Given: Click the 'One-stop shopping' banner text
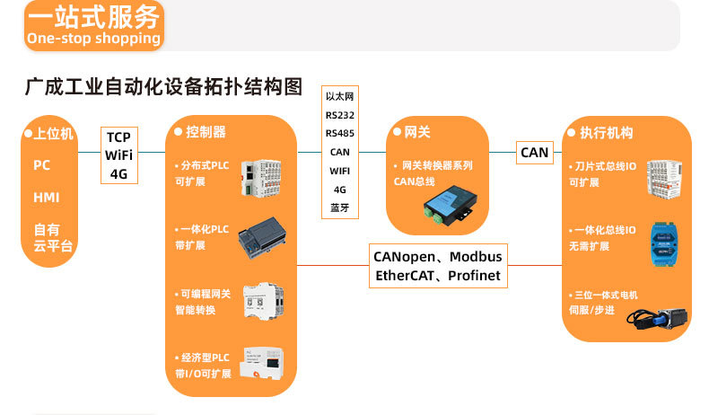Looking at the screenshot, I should point(93,39).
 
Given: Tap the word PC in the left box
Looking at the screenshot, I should point(42,165).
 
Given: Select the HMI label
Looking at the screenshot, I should point(46,198).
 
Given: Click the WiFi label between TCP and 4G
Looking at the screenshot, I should point(118,155).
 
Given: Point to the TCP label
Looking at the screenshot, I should point(118,137).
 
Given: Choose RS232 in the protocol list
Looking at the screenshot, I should point(340,114).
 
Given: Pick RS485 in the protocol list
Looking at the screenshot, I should point(340,133).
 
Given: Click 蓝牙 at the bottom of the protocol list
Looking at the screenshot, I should point(340,208).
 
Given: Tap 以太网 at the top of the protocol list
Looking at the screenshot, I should point(340,95).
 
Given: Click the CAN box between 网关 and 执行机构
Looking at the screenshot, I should point(534,153).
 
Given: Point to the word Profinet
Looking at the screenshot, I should point(475,276).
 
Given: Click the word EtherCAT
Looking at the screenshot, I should point(403,276).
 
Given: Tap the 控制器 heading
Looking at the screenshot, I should point(206,133).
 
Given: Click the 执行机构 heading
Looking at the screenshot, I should point(606,133).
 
